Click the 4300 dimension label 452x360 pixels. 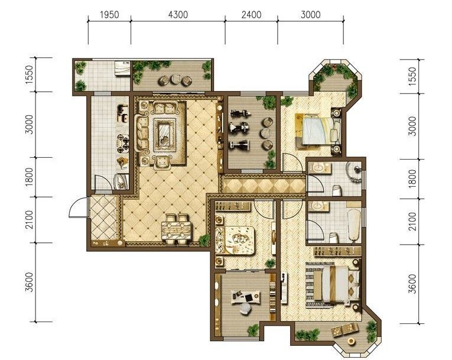[178, 14]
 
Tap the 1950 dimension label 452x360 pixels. [109, 14]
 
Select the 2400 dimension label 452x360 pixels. [251, 14]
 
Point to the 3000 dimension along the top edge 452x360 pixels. [310, 14]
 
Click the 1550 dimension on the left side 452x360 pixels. [30, 74]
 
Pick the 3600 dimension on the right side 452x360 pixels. [413, 284]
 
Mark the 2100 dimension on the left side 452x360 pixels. [30, 220]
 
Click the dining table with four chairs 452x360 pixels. [177, 229]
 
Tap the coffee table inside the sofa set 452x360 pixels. [165, 135]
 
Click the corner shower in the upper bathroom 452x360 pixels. [355, 172]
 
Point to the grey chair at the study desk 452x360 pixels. [245, 309]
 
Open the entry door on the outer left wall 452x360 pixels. [77, 207]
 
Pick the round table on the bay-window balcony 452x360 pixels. [351, 341]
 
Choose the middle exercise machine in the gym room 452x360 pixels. [239, 127]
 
